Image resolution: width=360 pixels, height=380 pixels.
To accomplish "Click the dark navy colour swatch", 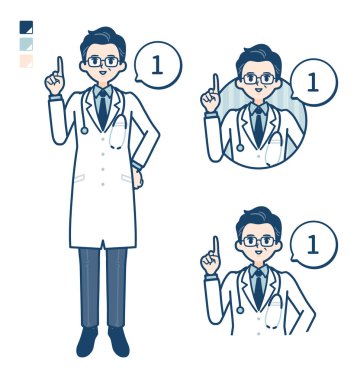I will click(x=26, y=28).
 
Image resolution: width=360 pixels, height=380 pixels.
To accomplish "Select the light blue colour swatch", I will click(x=26, y=45).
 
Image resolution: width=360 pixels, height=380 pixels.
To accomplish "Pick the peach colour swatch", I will click(x=26, y=61).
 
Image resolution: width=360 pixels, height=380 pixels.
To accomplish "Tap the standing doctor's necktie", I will click(x=103, y=109).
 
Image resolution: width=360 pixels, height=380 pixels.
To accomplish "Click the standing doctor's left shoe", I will click(x=119, y=342).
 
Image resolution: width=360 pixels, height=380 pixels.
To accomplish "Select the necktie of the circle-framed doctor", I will click(x=257, y=124).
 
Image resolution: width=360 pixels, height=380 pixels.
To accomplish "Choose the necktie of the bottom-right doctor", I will click(x=257, y=284).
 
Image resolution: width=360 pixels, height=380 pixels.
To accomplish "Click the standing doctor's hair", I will click(x=102, y=39).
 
